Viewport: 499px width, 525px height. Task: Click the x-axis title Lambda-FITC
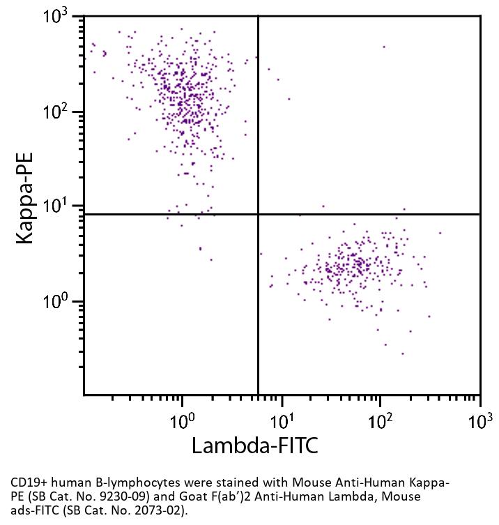[x=254, y=445]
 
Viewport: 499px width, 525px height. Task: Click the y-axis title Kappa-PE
[x=26, y=206]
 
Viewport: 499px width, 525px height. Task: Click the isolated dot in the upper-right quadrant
[x=383, y=47]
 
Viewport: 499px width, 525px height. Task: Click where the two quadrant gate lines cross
[x=259, y=214]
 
